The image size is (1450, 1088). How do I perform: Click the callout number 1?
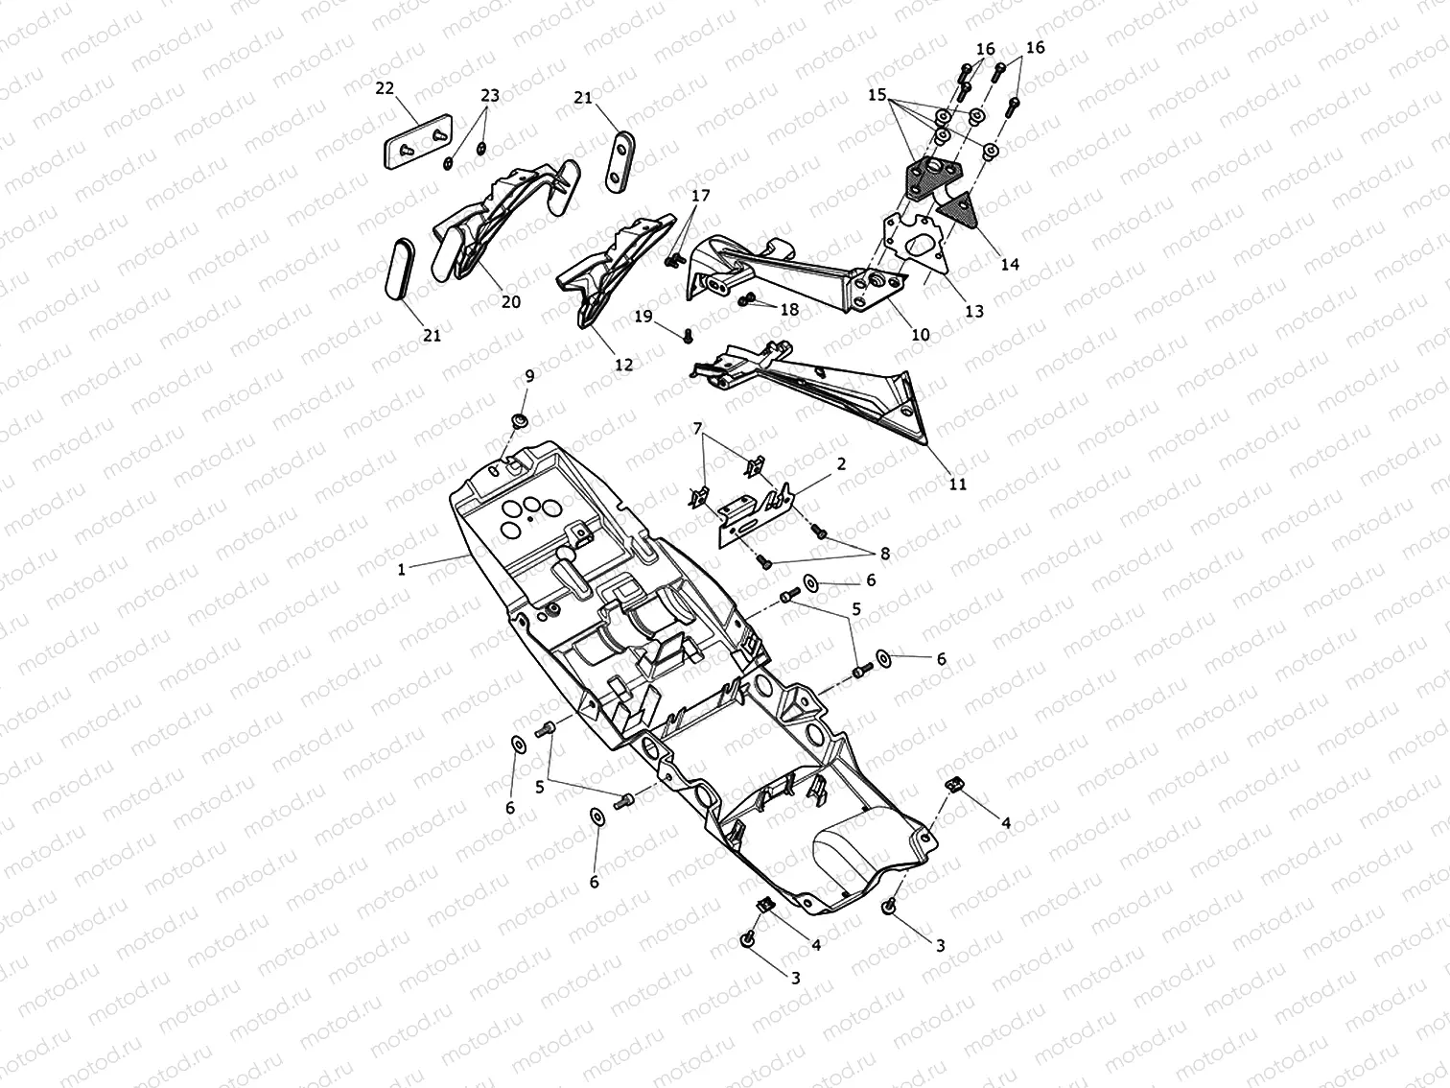click(401, 570)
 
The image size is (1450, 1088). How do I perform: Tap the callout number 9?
click(529, 376)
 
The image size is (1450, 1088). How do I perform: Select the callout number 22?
click(385, 88)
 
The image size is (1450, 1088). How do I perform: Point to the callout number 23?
click(489, 96)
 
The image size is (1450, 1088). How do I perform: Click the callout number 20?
click(510, 302)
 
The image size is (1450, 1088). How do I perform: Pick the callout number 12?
click(623, 365)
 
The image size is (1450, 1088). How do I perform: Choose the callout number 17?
click(700, 196)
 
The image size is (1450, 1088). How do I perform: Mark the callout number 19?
click(643, 317)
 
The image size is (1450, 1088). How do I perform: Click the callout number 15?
click(877, 95)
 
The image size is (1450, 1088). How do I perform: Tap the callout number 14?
click(1010, 264)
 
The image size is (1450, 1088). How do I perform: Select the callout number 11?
click(957, 485)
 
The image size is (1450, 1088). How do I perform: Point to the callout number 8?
click(885, 555)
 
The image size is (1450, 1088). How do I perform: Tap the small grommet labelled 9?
click(519, 421)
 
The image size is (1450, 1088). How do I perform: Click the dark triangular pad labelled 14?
click(957, 210)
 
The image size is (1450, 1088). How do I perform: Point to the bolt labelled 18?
click(746, 300)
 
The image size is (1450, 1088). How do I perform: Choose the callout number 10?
click(921, 335)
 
